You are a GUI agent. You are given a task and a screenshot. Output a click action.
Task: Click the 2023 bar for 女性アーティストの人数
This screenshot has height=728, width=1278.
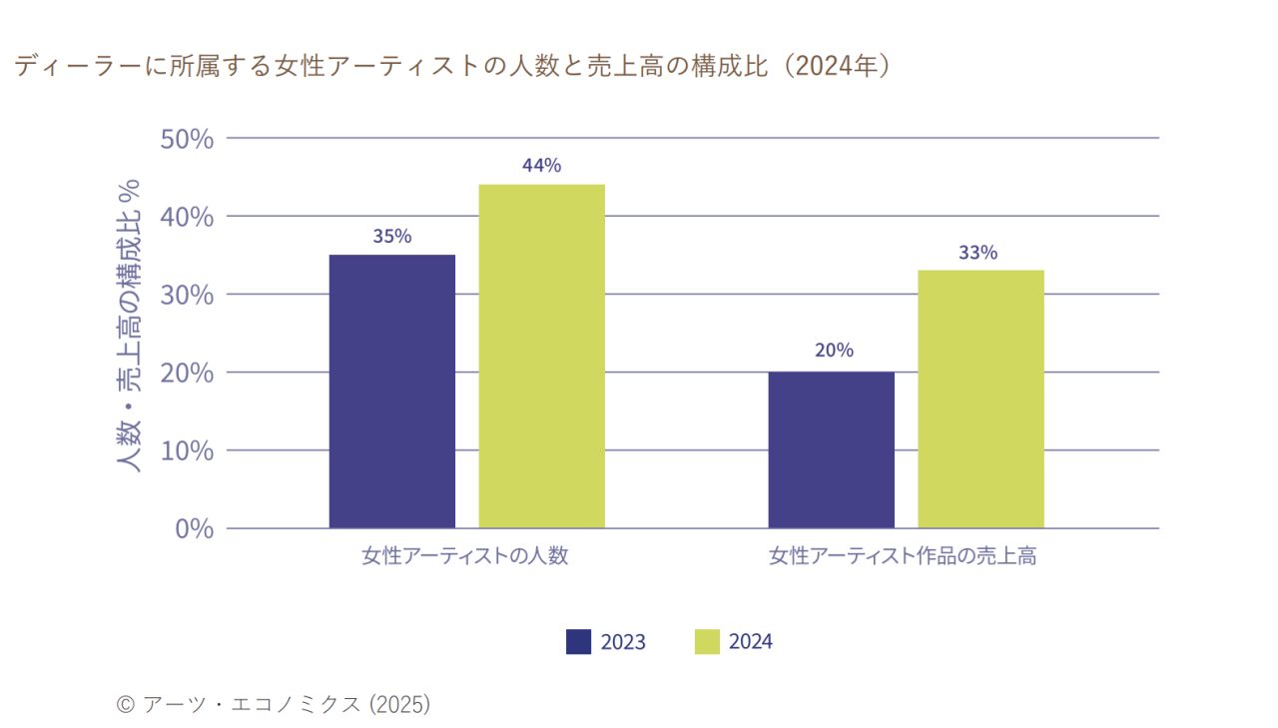[391, 391]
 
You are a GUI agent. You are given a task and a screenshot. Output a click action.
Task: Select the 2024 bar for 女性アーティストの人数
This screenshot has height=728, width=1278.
[541, 356]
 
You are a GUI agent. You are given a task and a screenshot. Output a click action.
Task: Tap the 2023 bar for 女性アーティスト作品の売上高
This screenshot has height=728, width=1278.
[831, 449]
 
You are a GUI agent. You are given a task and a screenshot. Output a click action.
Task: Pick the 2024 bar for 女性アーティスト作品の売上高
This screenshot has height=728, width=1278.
[980, 398]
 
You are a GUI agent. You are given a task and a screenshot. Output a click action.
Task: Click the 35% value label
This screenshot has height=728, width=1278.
[391, 237]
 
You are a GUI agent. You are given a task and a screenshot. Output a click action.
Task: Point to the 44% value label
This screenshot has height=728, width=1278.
[541, 166]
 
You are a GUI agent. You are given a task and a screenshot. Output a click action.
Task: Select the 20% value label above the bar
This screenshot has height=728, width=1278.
[833, 351]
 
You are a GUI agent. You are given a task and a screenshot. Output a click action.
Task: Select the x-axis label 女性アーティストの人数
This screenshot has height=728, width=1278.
[464, 556]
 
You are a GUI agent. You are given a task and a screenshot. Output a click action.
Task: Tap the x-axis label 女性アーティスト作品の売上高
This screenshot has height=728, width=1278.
[902, 556]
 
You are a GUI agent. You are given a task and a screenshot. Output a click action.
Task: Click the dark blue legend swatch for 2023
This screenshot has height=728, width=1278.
[579, 641]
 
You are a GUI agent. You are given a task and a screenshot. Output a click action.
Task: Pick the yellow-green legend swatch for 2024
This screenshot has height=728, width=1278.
[707, 641]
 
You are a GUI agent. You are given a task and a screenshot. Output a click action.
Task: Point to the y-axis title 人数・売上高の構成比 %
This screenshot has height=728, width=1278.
[129, 325]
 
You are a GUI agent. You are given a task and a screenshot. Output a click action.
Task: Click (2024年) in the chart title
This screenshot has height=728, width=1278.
[835, 67]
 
